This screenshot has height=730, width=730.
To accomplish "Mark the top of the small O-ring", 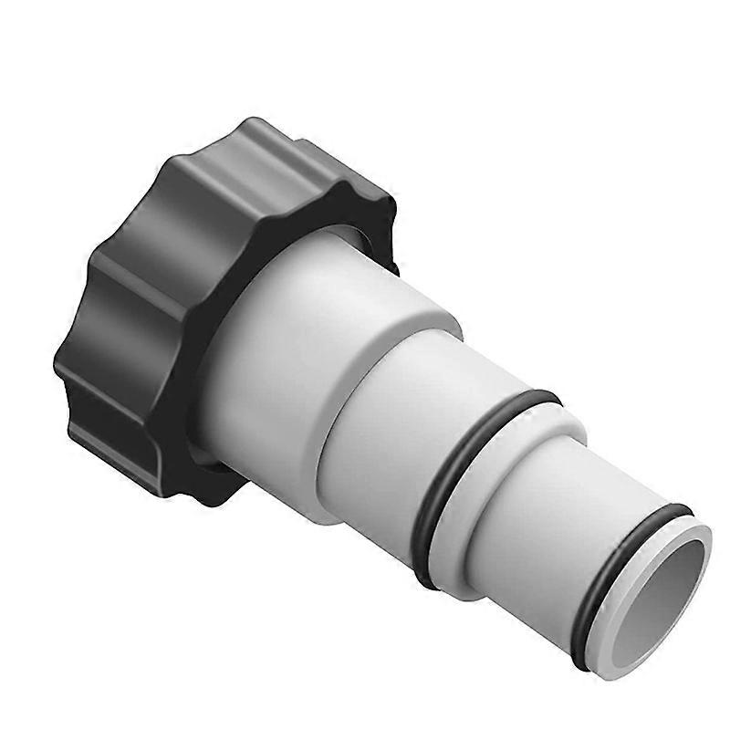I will click(671, 511).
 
